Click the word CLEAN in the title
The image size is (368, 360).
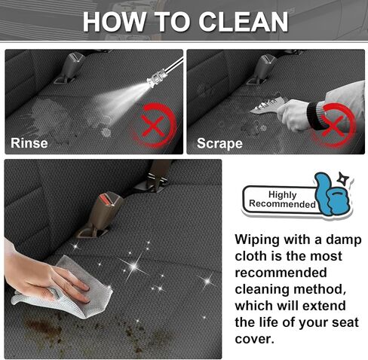pyautogui.click(x=244, y=22)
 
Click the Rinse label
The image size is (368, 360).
pyautogui.click(x=29, y=143)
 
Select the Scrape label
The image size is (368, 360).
pyautogui.click(x=219, y=144)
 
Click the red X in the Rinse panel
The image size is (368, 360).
pyautogui.click(x=152, y=126)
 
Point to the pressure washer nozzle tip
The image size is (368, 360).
pyautogui.click(x=149, y=81)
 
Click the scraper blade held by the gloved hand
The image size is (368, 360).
pyautogui.click(x=268, y=104)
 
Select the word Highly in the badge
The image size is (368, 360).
pyautogui.click(x=283, y=194)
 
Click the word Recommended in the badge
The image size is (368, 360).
pyautogui.click(x=282, y=204)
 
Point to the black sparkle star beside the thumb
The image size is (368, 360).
pyautogui.click(x=343, y=178)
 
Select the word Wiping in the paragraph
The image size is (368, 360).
pyautogui.click(x=257, y=240)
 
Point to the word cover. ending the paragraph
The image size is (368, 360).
pyautogui.click(x=254, y=340)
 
